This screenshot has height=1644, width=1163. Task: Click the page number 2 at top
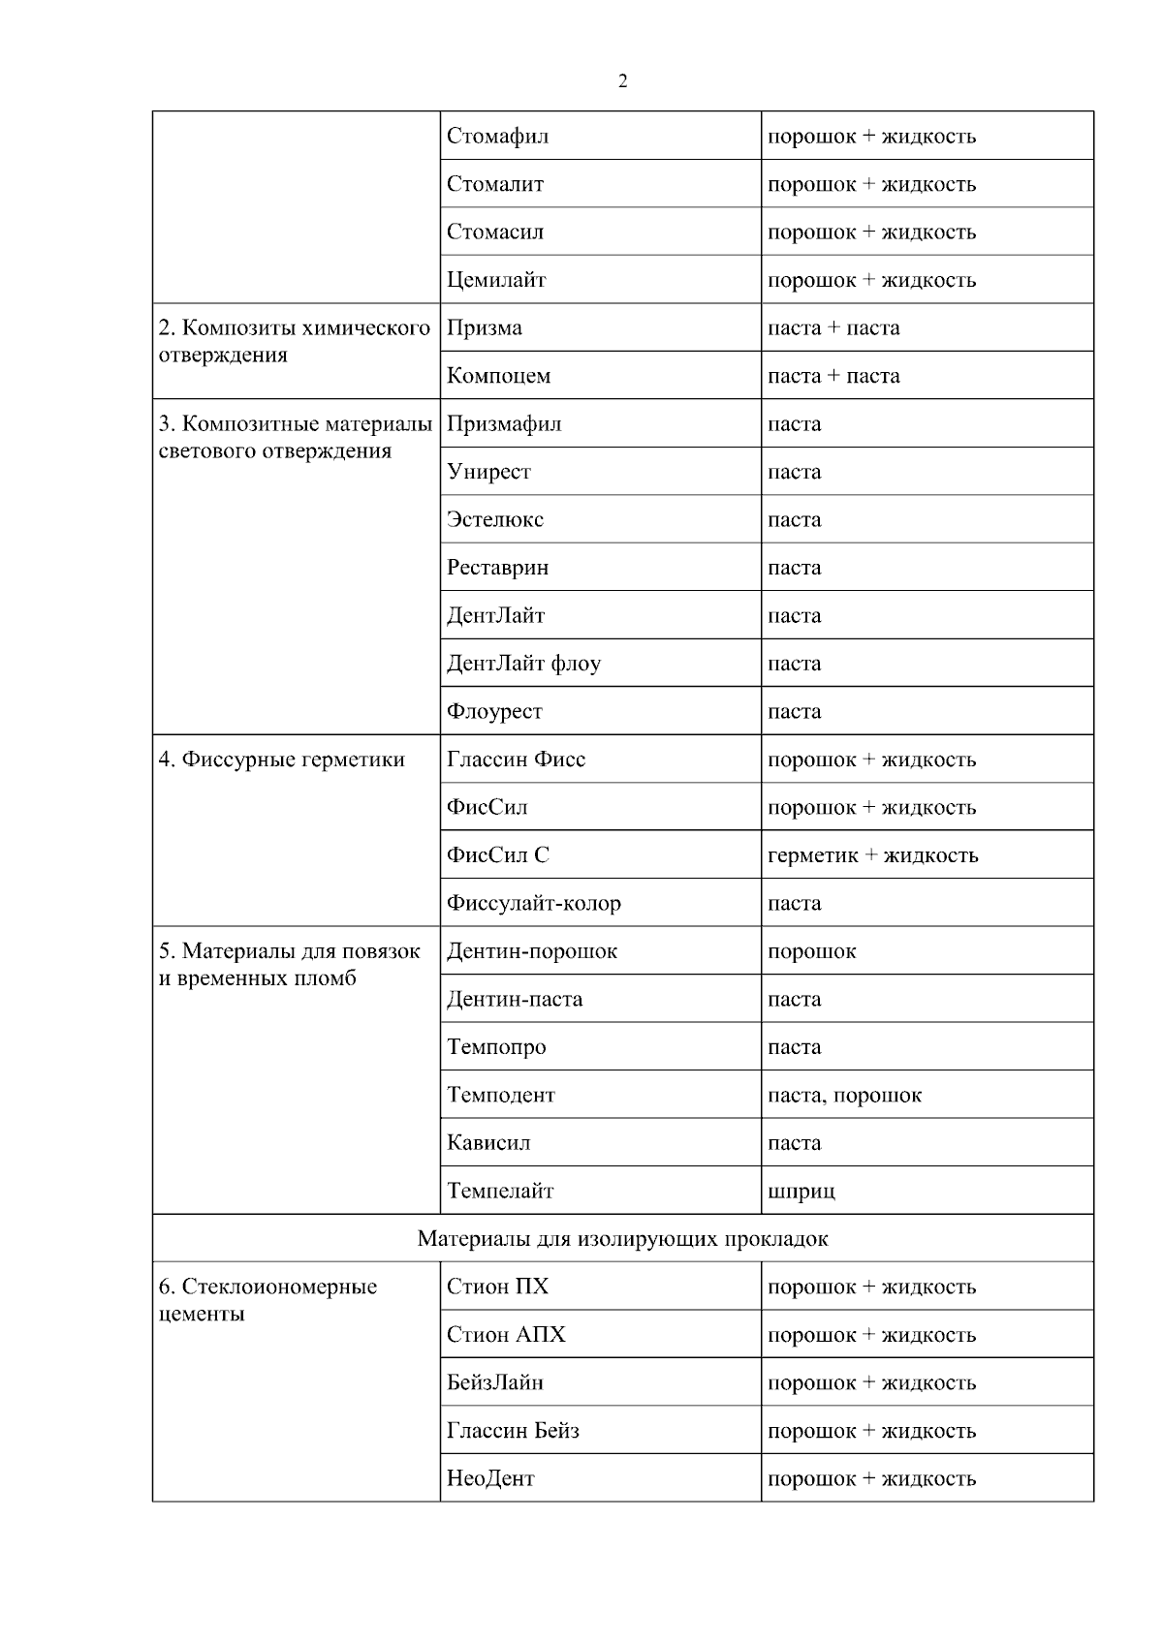622,82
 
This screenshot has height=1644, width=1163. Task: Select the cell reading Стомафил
497,137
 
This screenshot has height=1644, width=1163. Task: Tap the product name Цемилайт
496,281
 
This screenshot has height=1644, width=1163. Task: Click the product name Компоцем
498,377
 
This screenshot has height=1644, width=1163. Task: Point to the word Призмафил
504,424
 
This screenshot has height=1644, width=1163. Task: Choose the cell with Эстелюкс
495,520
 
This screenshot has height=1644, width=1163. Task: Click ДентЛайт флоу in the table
523,664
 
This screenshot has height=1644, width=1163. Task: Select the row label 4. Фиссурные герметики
281,760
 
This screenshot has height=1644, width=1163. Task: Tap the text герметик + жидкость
872,855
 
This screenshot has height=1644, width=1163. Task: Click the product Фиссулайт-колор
534,904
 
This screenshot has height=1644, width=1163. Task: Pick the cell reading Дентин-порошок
532,951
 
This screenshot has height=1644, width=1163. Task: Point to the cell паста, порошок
844,1096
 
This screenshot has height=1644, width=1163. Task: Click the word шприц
801,1192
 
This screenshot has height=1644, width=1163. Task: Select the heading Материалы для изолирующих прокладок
622,1239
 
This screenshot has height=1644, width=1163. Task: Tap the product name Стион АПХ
506,1335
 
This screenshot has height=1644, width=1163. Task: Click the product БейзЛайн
495,1383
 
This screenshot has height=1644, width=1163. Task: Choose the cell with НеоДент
490,1479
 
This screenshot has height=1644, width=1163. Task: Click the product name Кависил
488,1143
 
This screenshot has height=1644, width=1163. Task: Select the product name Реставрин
497,568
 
